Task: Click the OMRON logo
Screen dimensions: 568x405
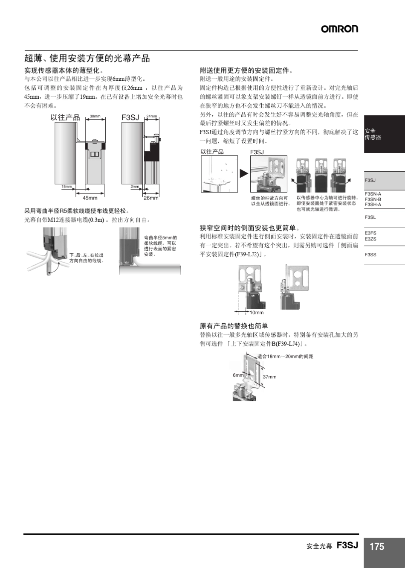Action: (x=339, y=29)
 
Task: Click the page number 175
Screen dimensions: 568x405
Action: (x=377, y=547)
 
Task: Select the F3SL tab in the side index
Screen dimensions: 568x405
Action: (x=370, y=217)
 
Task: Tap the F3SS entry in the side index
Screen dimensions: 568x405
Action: (x=370, y=255)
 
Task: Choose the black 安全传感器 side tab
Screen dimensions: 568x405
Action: (x=384, y=134)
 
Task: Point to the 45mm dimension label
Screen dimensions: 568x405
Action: (x=90, y=198)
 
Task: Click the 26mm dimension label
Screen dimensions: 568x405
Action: (x=151, y=198)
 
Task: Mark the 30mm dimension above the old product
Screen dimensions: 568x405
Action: (x=95, y=116)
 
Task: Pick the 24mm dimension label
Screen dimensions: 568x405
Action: (x=151, y=116)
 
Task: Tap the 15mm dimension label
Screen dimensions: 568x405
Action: (x=67, y=187)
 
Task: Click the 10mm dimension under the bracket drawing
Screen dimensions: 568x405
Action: (x=257, y=313)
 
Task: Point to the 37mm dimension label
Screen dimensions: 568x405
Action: (x=269, y=377)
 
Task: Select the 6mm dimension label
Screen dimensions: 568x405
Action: (x=238, y=375)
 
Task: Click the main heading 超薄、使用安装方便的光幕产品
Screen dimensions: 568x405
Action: (x=87, y=58)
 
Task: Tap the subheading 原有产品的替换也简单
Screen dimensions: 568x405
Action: (x=234, y=326)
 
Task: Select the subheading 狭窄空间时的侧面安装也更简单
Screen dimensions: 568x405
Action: (x=250, y=228)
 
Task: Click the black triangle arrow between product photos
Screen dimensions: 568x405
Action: (x=243, y=173)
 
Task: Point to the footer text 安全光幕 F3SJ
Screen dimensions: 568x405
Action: (x=332, y=546)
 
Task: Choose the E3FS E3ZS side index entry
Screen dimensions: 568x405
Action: (x=370, y=236)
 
